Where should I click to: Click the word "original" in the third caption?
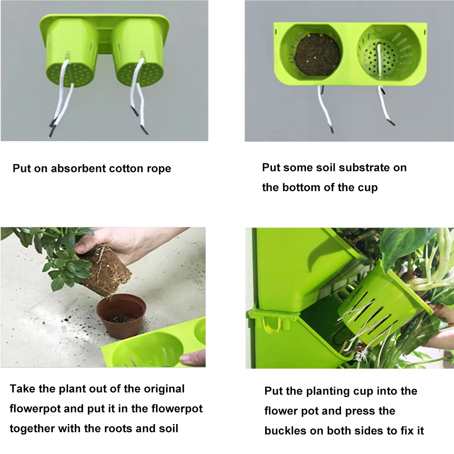164,389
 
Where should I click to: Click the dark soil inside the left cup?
317,56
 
